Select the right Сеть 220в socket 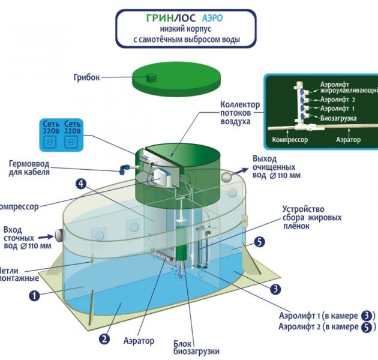coord(72,143)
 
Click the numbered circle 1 coord(35,295)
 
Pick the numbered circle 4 coord(80,184)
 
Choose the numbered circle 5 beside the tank coord(259,242)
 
